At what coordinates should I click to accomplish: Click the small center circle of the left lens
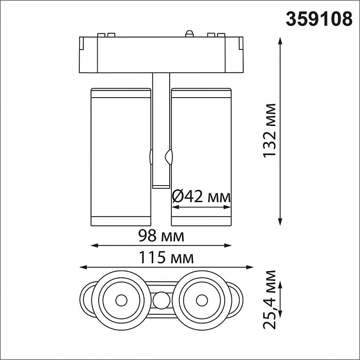point(121,299)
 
